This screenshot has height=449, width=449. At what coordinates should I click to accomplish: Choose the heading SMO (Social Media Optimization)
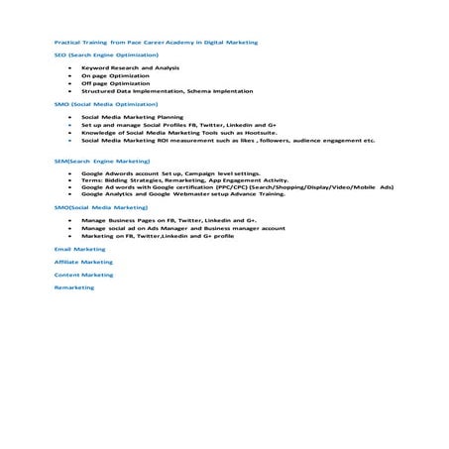click(x=105, y=103)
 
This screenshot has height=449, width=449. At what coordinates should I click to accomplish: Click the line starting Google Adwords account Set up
click(x=159, y=172)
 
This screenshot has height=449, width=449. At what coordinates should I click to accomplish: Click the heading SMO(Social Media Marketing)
click(x=101, y=208)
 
